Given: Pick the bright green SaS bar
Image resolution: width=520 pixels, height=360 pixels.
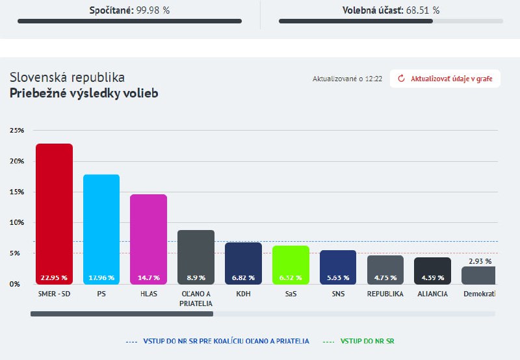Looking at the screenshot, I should tap(291, 260).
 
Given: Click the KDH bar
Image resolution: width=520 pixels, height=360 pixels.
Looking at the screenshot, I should tap(243, 259).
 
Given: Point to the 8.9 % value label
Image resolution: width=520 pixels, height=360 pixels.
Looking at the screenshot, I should tap(196, 277).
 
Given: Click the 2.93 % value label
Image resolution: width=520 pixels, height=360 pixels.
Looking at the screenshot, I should tap(480, 261).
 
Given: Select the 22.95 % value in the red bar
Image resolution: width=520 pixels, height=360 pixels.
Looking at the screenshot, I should tap(54, 277).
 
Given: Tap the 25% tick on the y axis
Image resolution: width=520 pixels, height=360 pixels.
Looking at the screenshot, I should tap(17, 131).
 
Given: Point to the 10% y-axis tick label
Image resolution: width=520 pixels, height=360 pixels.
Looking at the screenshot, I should tap(17, 223).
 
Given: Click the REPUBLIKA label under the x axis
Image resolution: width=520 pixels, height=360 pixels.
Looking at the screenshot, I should tap(385, 294).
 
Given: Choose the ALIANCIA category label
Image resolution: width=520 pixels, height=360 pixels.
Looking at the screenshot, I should tap(432, 294).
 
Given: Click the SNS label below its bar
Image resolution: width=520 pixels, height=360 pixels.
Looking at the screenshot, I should tap(338, 294).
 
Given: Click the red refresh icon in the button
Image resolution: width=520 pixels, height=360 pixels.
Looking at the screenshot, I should tap(401, 79).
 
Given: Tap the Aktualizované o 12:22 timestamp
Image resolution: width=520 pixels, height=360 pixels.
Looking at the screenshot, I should tap(347, 79).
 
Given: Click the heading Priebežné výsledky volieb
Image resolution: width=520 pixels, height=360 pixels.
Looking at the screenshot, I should tap(84, 93).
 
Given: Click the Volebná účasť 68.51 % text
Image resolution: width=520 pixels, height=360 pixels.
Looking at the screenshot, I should tap(391, 10).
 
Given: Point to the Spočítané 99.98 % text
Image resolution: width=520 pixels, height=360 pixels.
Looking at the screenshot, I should tap(129, 10).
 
